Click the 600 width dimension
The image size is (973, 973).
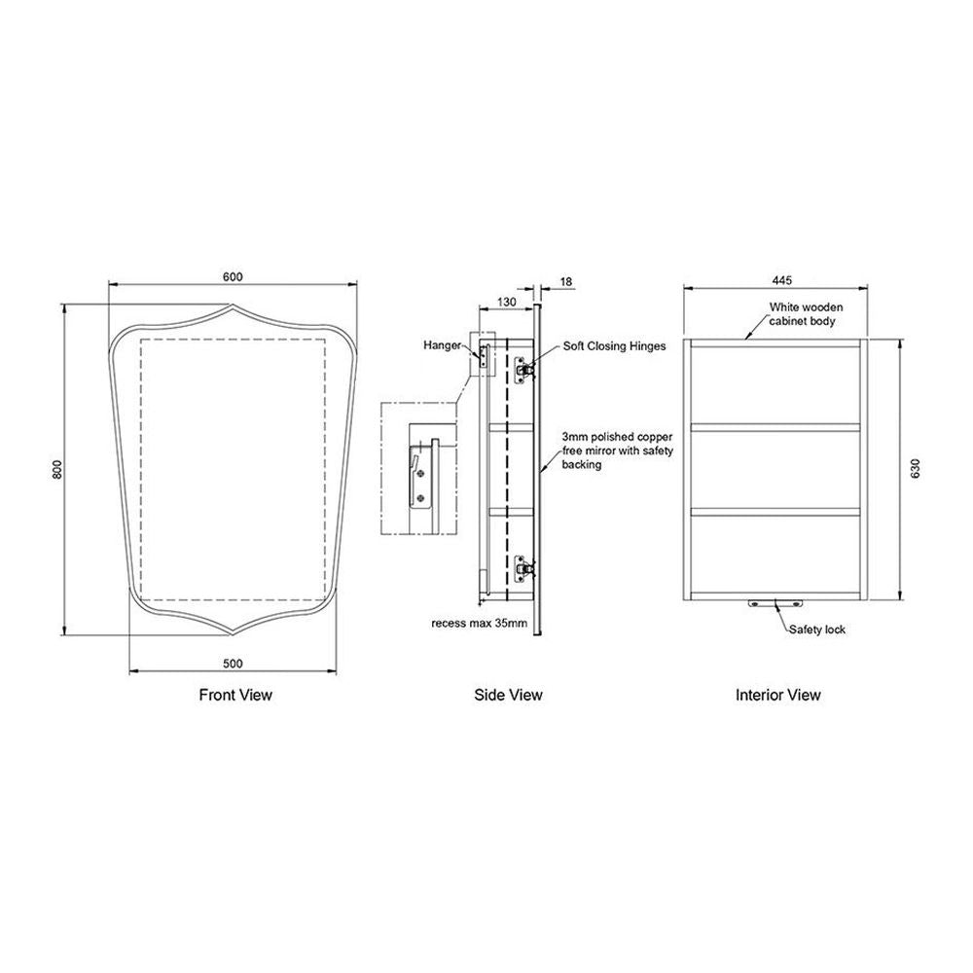233,276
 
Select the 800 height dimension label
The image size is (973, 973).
57,470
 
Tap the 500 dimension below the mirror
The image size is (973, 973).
233,664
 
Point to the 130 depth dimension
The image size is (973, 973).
506,302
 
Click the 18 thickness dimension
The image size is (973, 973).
566,282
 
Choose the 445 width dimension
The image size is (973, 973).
782,280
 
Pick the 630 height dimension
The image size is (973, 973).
916,468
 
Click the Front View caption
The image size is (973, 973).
235,695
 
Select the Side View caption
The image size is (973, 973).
508,695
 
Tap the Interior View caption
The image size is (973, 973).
778,695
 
